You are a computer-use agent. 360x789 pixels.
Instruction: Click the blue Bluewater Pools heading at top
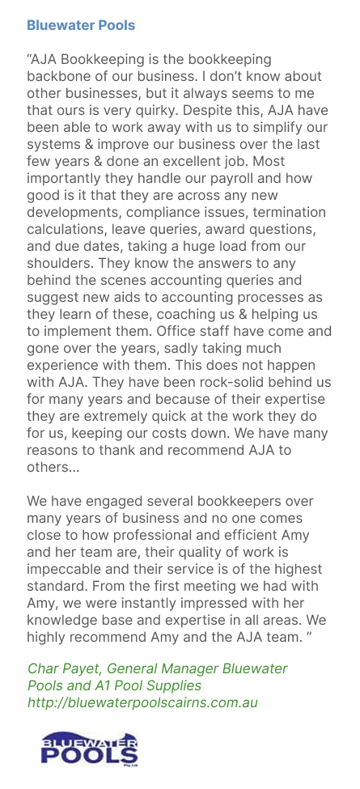pyautogui.click(x=81, y=25)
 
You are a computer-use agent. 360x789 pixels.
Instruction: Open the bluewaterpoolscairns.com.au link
pyautogui.click(x=142, y=702)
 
